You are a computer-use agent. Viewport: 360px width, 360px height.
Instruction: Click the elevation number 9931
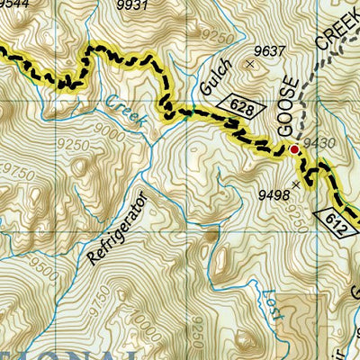click(131, 5)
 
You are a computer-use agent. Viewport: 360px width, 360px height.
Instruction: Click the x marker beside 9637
click(250, 65)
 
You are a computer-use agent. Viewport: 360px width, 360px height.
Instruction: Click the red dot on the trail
click(293, 149)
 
